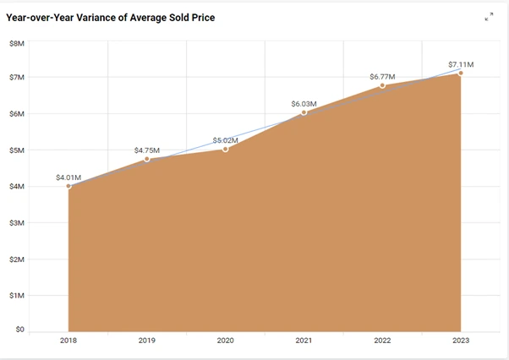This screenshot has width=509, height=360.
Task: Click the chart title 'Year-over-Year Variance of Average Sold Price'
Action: coord(110,17)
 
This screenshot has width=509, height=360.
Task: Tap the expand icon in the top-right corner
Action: coord(489,17)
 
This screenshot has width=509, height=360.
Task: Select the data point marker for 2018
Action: coord(69,186)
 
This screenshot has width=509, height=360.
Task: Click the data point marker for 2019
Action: coord(147,159)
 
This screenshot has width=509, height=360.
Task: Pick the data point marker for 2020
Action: coord(225,149)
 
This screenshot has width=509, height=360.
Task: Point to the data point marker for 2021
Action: coord(304,112)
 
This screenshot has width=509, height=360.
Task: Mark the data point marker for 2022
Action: coord(382,85)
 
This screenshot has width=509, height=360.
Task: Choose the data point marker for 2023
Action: coord(461,73)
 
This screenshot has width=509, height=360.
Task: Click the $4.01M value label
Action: coord(69,177)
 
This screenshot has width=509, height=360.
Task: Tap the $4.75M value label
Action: coord(147,150)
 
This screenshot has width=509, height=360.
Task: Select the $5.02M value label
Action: coord(225,140)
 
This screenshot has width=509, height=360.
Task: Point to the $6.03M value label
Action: coord(304,104)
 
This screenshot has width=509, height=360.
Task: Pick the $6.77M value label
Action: coord(382,77)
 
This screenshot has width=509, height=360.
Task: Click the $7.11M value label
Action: coord(461,64)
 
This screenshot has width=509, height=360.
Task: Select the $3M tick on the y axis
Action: coord(17,223)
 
